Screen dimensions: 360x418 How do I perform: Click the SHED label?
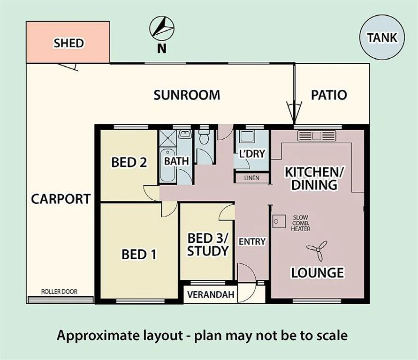(68, 44)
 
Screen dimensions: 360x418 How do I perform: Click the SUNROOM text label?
(187, 95)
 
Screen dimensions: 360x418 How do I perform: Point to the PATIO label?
(329, 95)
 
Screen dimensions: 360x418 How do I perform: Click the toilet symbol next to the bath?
(204, 139)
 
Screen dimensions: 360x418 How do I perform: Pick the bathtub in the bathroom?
(166, 167)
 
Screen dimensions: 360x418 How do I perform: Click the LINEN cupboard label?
(251, 178)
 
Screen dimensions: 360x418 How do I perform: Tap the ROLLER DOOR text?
(59, 292)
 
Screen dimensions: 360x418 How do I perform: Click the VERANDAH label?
(210, 295)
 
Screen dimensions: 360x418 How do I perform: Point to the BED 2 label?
(129, 162)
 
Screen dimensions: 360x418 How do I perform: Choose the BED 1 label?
(139, 255)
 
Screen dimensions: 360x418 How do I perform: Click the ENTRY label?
(252, 242)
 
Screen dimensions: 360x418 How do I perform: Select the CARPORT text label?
(61, 199)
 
